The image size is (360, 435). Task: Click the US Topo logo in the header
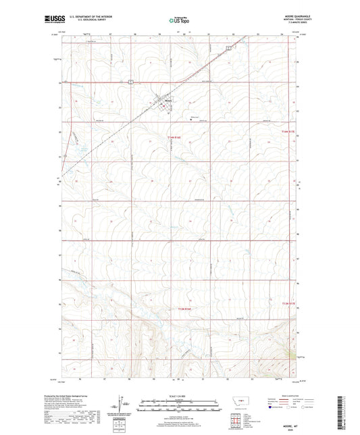pos(177,21)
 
